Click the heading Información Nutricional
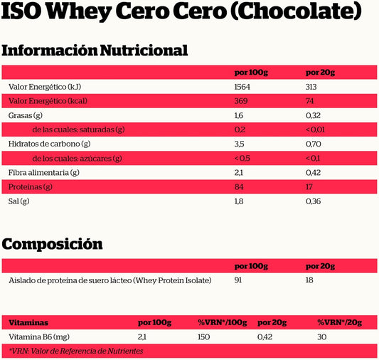coord(95,51)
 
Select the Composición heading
coord(52,244)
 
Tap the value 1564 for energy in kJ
coord(242,87)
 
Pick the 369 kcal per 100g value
coord(240,101)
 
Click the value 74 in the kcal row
coord(309,101)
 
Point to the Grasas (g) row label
coord(26,115)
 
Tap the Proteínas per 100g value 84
coord(239,186)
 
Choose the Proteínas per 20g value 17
coord(309,186)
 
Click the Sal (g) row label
coord(18,201)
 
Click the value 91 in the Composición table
coord(238,280)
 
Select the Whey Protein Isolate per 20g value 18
coord(309,280)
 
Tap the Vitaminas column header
coord(28,322)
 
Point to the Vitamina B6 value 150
coord(203,337)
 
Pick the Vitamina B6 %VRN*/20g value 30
coord(321,337)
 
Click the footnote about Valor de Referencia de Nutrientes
coord(76,351)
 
